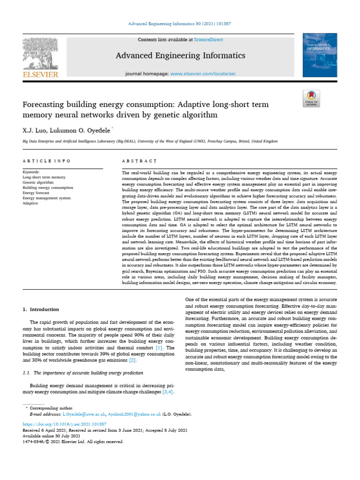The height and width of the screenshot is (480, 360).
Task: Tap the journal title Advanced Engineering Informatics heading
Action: click(180, 56)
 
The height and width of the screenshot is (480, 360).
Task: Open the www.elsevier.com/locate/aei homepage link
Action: click(209, 74)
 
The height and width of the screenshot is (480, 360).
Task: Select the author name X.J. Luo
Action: click(32, 128)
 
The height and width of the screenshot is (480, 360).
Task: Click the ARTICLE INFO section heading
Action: click(46, 161)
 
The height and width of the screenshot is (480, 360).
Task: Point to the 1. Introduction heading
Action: click(41, 309)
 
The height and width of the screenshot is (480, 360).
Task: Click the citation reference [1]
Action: click(159, 348)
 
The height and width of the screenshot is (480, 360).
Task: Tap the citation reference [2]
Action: click(133, 360)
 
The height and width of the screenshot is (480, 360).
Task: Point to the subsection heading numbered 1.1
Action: click(83, 372)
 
